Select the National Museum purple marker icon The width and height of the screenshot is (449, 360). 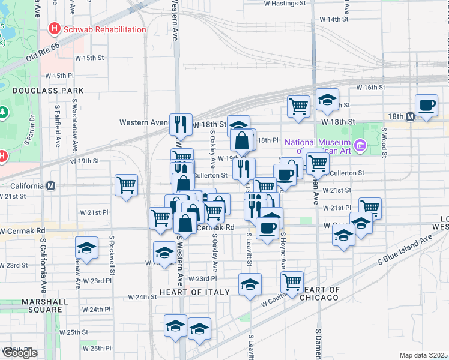pos(360,145)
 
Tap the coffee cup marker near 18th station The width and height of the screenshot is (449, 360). pos(427,105)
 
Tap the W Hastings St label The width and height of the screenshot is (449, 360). pos(285,4)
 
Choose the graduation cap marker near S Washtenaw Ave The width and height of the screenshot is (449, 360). pos(87,247)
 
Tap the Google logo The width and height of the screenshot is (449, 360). pos(20,353)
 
